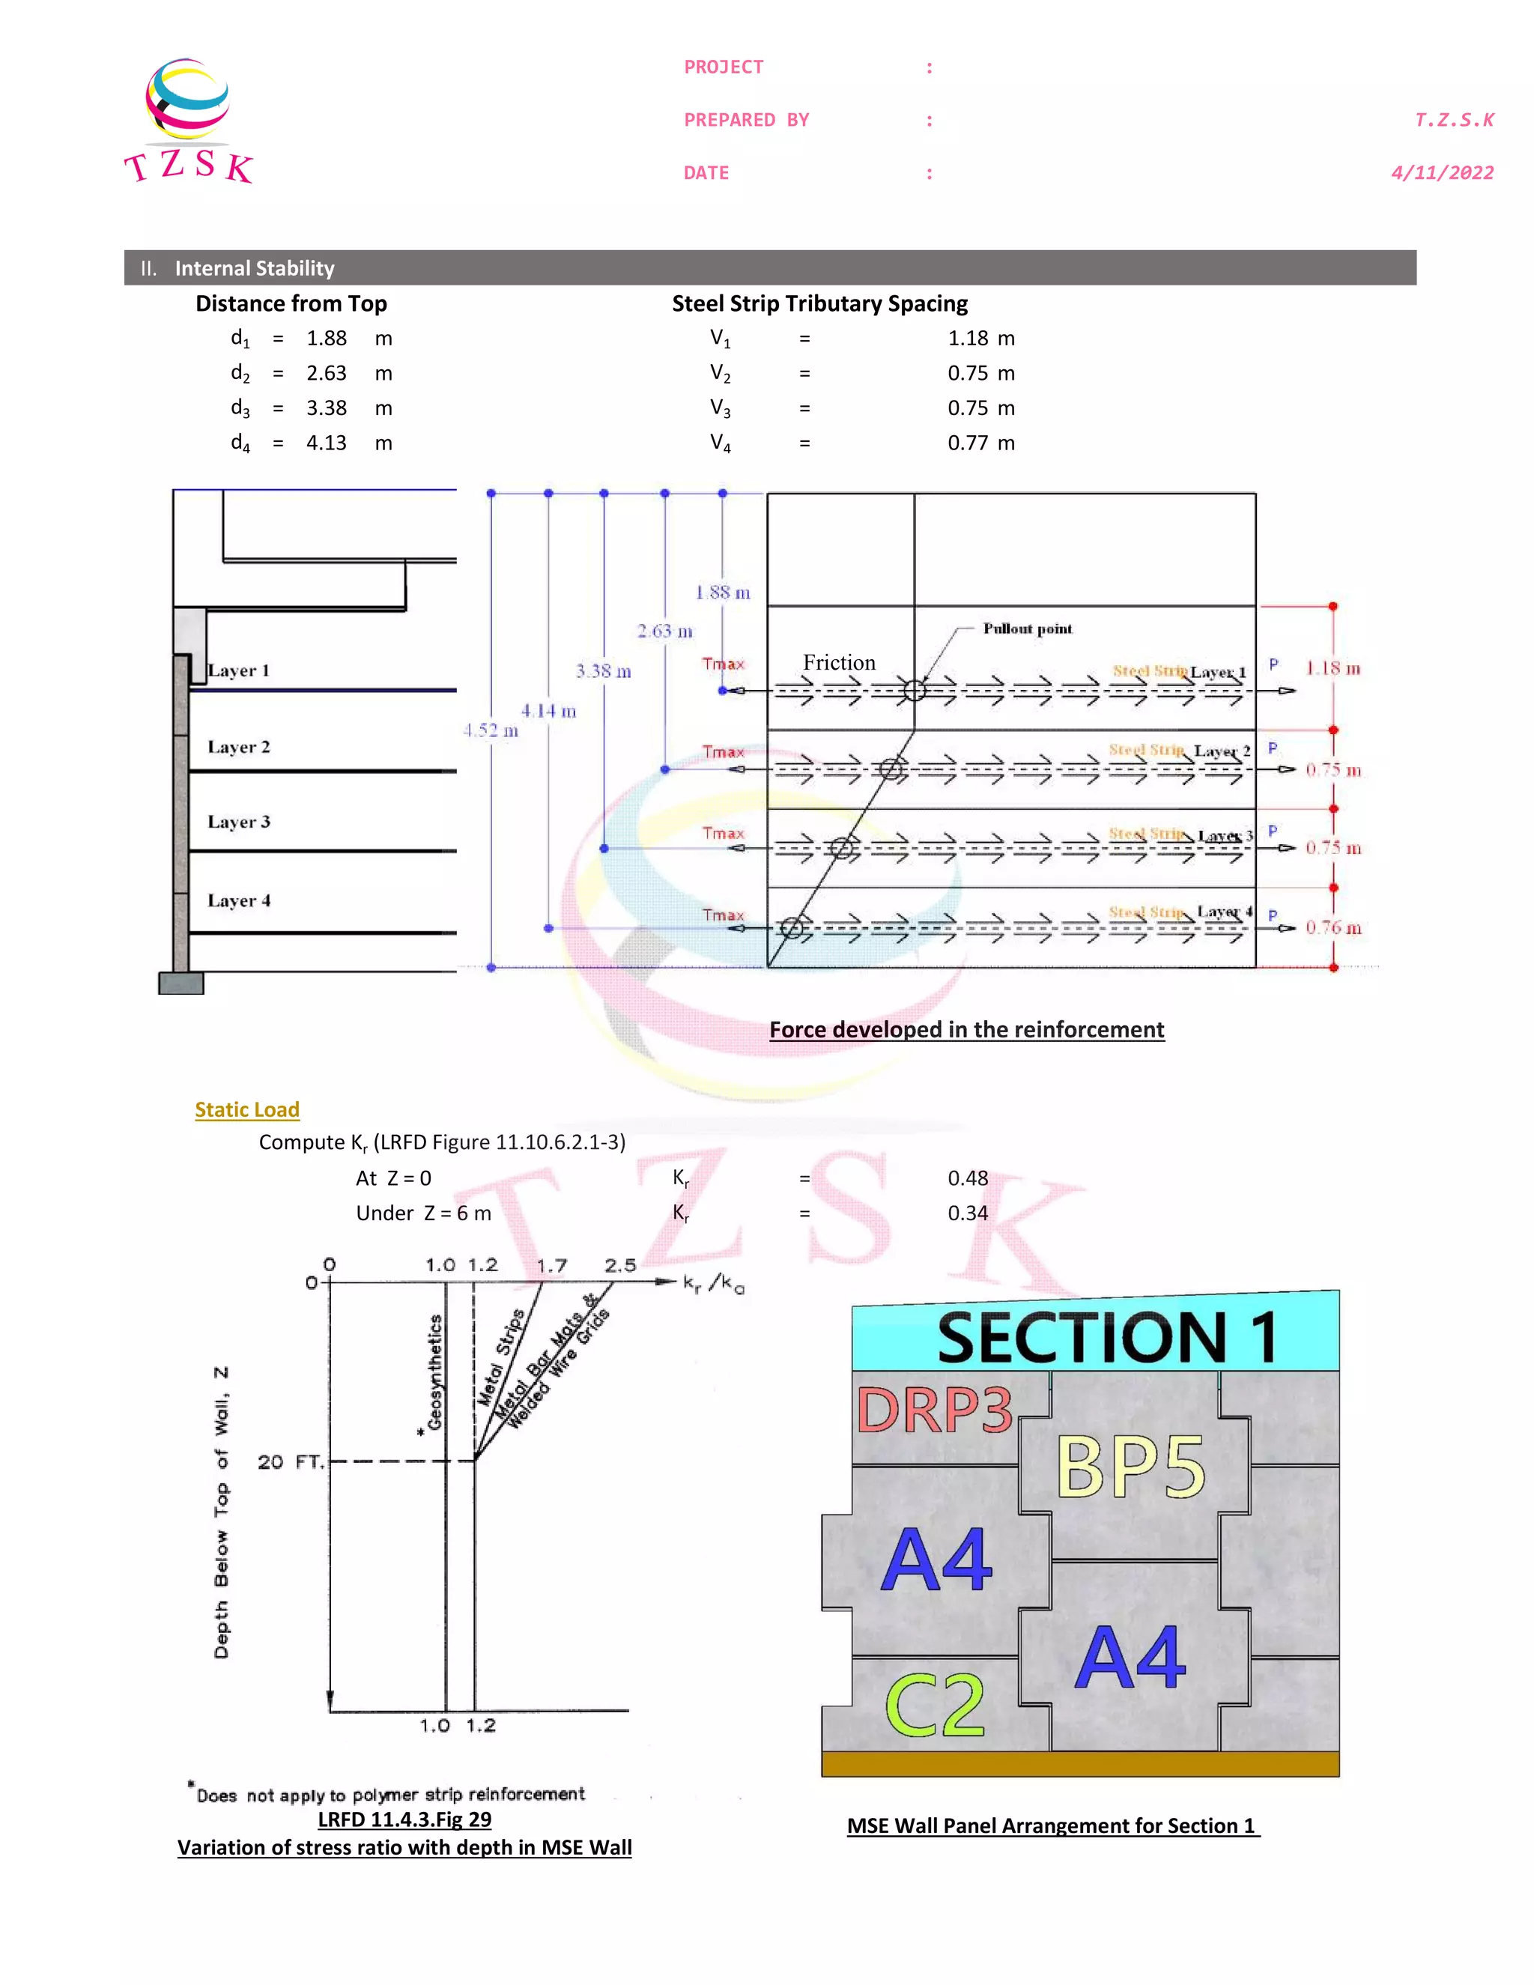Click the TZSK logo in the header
point(188,121)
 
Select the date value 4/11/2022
point(1442,173)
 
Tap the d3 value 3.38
point(327,408)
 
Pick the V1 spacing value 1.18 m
point(980,338)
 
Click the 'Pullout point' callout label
point(1027,628)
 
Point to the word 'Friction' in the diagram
point(839,663)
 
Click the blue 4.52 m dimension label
point(491,730)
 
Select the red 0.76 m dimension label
point(1333,927)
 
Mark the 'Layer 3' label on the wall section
point(239,822)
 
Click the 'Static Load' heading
point(247,1110)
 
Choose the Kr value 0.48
point(967,1178)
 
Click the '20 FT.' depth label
point(290,1461)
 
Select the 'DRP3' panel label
point(934,1410)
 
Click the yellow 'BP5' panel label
point(1130,1466)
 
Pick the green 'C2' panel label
point(934,1705)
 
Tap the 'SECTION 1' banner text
point(1107,1337)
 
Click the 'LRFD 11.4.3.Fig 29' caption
point(404,1819)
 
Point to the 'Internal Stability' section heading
point(255,268)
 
